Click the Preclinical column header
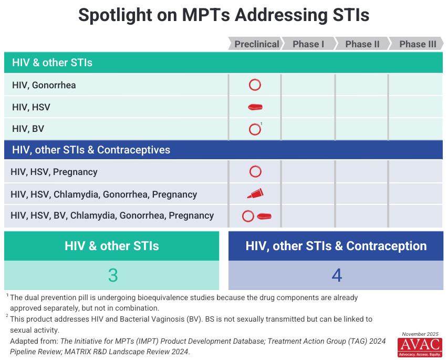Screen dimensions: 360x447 pos(256,44)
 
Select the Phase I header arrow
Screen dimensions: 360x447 pos(308,44)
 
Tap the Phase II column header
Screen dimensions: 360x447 pos(362,44)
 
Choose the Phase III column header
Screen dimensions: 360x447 pos(417,44)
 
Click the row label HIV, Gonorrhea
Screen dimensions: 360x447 pos(44,85)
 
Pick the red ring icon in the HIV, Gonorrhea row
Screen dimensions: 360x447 pos(255,85)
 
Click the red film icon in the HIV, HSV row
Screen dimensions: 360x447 pos(255,107)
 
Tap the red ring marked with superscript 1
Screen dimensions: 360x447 pos(255,129)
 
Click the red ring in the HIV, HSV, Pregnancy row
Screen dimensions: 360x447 pos(255,172)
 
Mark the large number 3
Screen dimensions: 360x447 pos(112,275)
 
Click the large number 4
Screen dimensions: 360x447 pos(336,275)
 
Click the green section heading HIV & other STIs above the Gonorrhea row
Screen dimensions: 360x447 pos(52,63)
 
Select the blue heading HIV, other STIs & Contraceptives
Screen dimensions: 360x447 pos(91,150)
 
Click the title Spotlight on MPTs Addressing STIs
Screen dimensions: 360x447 pos(224,15)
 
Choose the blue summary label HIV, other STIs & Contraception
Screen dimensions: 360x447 pos(336,246)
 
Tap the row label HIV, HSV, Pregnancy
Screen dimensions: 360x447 pos(54,172)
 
